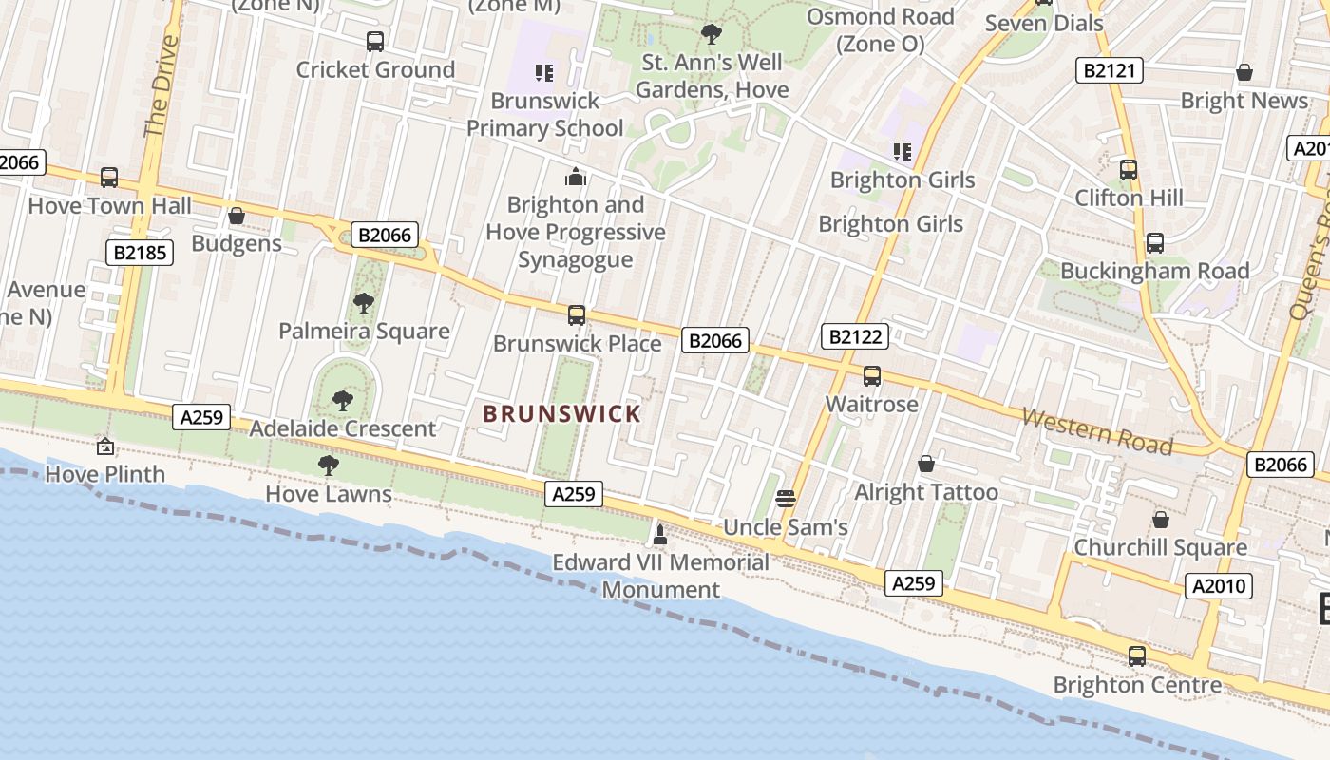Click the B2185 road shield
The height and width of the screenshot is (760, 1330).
point(139,252)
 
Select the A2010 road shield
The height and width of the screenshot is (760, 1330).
point(1219,586)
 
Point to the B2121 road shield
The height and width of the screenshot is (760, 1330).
point(1109,70)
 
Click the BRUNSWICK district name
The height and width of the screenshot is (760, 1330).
point(561,414)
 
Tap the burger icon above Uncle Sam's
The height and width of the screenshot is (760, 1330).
point(785,499)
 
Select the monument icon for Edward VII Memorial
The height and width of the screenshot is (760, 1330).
point(659,535)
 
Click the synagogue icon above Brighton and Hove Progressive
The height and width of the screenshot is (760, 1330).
point(575,177)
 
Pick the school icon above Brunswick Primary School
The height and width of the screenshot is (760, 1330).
point(543,72)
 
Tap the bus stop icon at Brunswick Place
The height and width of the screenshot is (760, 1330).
point(576,315)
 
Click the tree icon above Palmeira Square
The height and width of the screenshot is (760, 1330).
point(363,303)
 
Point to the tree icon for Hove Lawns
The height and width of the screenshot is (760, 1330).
point(328,465)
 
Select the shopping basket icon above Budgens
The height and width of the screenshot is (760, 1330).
point(237,217)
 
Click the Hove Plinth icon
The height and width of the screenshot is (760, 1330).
point(105,446)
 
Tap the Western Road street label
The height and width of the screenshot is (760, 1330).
point(1096,431)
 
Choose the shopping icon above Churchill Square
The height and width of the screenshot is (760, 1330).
point(1160,520)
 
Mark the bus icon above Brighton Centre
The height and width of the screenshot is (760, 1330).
point(1136,656)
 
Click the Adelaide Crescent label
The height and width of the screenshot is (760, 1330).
point(342,428)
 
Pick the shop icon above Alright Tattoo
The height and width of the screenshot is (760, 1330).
point(925,464)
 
